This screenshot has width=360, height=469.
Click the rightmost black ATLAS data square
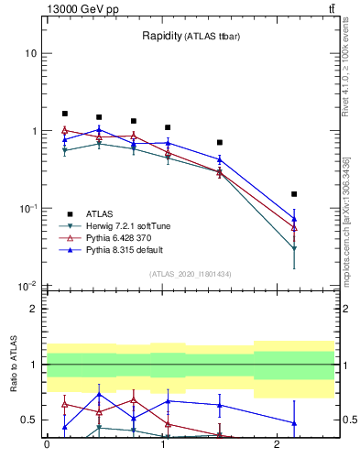[294, 194]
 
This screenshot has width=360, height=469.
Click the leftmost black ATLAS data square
[64, 114]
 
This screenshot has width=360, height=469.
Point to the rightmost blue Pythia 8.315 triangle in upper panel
[294, 219]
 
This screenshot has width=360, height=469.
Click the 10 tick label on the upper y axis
[31, 53]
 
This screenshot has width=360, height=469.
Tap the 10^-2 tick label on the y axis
[27, 286]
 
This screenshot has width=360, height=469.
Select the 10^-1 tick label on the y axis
[27, 209]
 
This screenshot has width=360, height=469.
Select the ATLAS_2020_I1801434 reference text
[191, 274]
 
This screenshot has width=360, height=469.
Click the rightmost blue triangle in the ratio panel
[294, 423]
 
